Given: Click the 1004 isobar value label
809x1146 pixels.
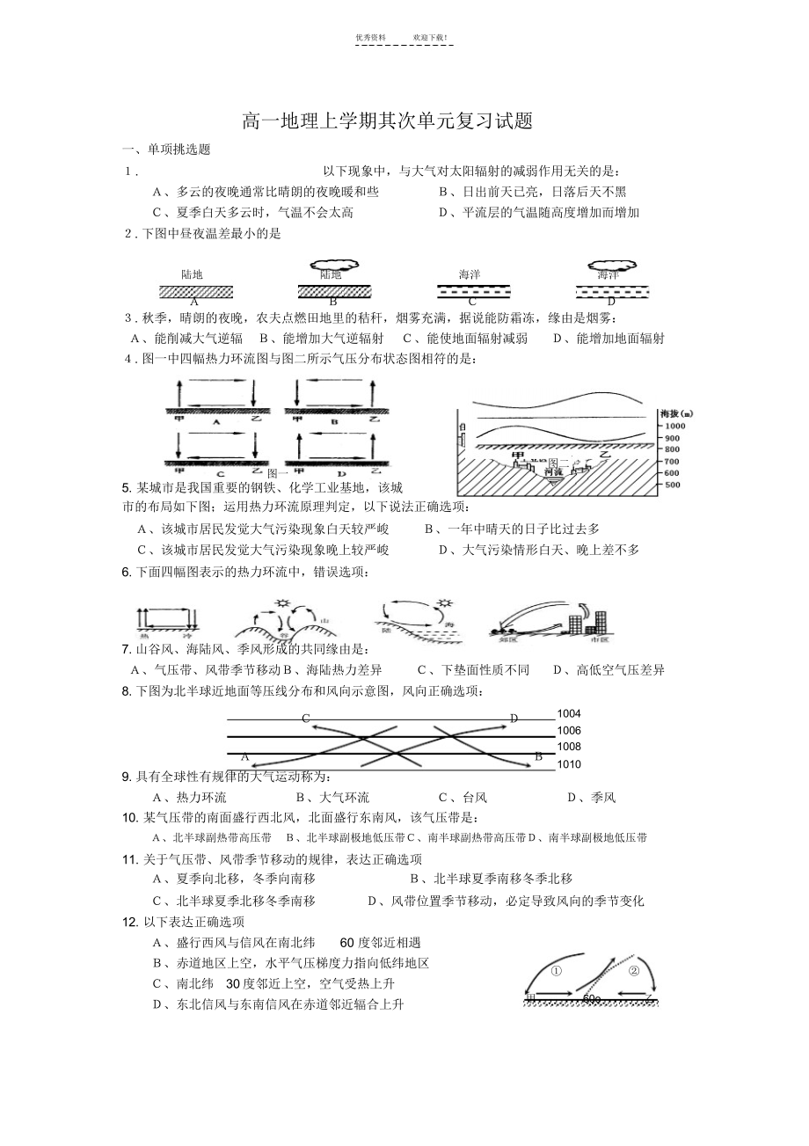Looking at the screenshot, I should [569, 714].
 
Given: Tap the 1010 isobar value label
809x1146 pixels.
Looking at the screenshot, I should [569, 764].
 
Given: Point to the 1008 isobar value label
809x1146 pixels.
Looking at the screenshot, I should [569, 747].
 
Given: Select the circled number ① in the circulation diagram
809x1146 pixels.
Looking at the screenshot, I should [556, 972].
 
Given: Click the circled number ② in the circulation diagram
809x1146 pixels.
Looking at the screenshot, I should [634, 972].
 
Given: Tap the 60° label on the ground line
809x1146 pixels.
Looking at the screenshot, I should [591, 998].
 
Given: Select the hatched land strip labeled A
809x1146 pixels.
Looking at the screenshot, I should [195, 291].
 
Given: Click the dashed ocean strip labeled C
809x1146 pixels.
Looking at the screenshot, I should [473, 291].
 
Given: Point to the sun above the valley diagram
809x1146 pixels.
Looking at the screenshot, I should [282, 602].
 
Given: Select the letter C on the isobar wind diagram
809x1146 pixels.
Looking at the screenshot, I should [306, 719].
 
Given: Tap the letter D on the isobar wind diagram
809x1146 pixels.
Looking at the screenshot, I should [514, 719].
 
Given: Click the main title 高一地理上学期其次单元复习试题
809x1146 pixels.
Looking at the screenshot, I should [388, 122].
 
